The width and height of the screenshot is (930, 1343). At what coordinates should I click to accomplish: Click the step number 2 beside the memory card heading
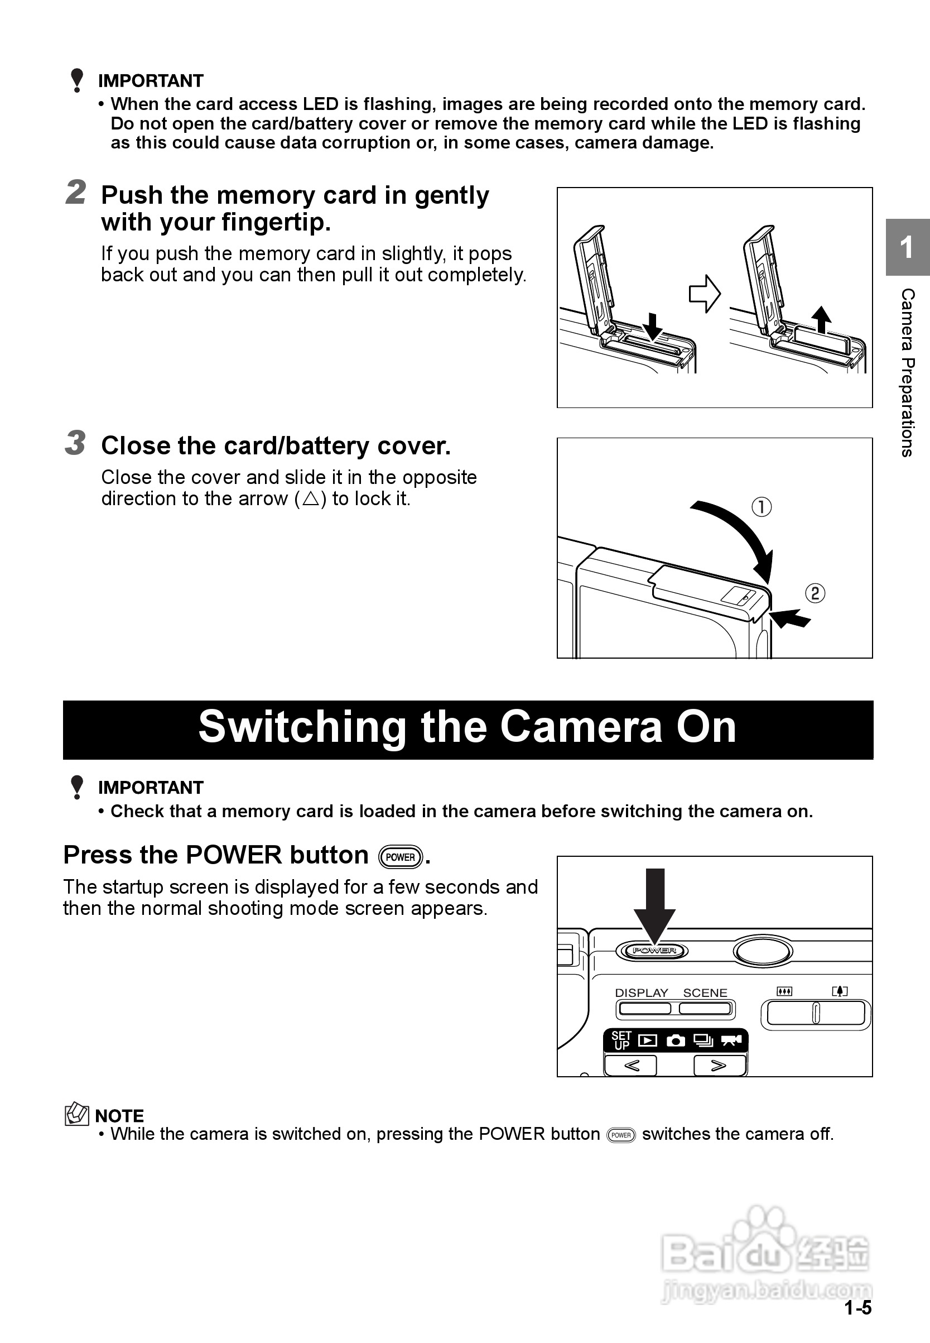point(76,193)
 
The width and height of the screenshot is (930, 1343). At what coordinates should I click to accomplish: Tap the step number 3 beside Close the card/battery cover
point(75,443)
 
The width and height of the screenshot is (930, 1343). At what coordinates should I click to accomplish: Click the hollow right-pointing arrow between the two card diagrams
point(705,294)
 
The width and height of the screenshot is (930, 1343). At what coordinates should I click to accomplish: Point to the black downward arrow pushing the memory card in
point(653,326)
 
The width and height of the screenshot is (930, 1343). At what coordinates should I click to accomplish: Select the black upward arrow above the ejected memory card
point(821,319)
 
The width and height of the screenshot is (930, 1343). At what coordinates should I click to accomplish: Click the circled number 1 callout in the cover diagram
point(762,506)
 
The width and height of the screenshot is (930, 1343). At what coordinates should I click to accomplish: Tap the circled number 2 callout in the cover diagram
point(815,593)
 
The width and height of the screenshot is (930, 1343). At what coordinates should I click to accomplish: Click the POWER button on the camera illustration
point(652,951)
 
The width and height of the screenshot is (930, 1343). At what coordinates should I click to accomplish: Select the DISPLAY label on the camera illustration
point(642,992)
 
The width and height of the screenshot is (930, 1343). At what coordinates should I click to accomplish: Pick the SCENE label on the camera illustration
point(705,992)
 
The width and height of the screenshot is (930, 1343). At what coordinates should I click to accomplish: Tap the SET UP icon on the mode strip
point(621,1040)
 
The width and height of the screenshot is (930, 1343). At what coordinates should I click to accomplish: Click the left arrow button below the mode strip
point(631,1066)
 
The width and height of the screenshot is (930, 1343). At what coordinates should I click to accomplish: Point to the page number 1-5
point(857,1308)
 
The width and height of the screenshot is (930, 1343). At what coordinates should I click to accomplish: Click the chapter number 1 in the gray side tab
point(906,247)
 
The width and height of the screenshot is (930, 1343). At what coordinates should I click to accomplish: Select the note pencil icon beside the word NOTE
point(76,1115)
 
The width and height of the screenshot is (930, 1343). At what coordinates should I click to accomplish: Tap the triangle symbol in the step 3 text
point(311,498)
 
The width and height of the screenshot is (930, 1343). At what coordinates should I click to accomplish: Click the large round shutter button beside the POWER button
point(763,951)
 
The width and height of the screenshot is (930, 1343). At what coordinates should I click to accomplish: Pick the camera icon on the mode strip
point(676,1040)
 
